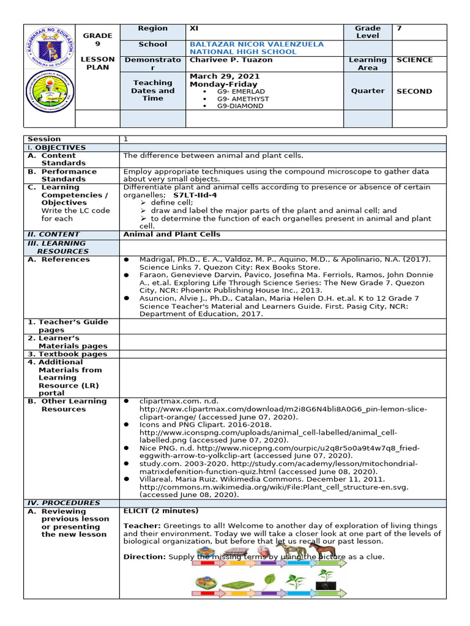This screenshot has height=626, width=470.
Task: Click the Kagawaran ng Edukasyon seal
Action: tap(50, 46)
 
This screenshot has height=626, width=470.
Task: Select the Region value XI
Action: tap(196, 29)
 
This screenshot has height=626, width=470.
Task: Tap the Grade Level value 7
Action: tap(400, 29)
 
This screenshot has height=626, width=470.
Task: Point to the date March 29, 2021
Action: tap(225, 76)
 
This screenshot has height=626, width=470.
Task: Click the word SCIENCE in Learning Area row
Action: tap(414, 60)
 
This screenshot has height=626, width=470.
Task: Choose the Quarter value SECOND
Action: tap(414, 91)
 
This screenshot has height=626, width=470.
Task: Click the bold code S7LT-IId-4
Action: tap(195, 195)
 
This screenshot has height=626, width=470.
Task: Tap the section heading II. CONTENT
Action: tap(53, 234)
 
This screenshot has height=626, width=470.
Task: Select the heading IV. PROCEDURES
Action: tap(63, 503)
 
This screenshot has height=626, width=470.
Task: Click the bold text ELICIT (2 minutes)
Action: tap(160, 511)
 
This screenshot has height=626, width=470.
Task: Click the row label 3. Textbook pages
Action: tap(68, 354)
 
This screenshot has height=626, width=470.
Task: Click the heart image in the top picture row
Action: tap(256, 551)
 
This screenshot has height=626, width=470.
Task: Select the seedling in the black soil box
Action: tap(326, 581)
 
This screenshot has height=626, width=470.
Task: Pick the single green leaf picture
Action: tap(268, 581)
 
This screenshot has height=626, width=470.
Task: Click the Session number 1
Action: tap(126, 139)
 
